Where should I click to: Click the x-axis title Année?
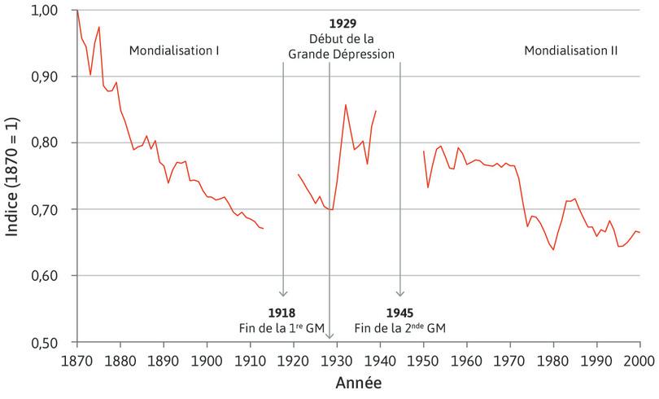pyautogui.click(x=358, y=381)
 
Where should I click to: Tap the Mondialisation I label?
pyautogui.click(x=174, y=50)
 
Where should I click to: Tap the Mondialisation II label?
pyautogui.click(x=570, y=50)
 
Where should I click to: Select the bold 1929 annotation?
pyautogui.click(x=342, y=24)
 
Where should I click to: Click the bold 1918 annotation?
pyautogui.click(x=281, y=313)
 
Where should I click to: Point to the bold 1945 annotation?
pyautogui.click(x=399, y=313)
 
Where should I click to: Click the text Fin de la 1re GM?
pyautogui.click(x=281, y=327)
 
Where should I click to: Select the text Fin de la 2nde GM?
pyautogui.click(x=399, y=327)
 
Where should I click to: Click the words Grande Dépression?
pyautogui.click(x=342, y=55)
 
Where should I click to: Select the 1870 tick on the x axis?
pyautogui.click(x=76, y=359)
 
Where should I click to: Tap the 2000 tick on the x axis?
pyautogui.click(x=639, y=359)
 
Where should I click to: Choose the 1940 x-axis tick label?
pyautogui.click(x=380, y=359)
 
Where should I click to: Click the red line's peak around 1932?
pyautogui.click(x=346, y=104)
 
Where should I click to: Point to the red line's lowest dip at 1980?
pyautogui.click(x=553, y=249)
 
